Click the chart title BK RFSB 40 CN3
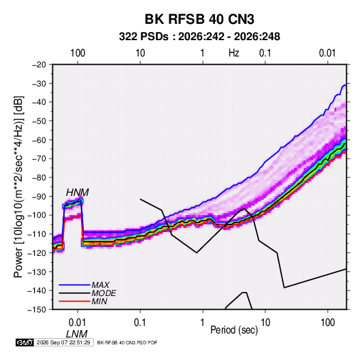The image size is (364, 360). click(x=199, y=19)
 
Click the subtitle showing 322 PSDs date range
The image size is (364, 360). click(x=199, y=37)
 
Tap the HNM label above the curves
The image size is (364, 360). click(x=78, y=193)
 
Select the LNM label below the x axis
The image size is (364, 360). click(x=77, y=334)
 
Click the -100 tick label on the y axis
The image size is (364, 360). click(x=37, y=215)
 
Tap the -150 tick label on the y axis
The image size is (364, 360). click(x=37, y=310)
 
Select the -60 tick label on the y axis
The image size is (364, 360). click(x=39, y=140)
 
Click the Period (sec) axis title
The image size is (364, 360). click(x=234, y=330)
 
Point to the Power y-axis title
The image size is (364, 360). click(x=18, y=186)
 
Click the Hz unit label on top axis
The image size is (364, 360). click(x=234, y=53)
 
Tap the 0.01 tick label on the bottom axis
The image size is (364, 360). click(x=78, y=323)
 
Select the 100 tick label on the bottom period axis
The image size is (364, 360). click(x=328, y=323)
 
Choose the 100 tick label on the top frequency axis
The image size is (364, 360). click(x=78, y=53)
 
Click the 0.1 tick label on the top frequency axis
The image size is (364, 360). click(x=265, y=53)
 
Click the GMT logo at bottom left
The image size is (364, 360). click(x=24, y=342)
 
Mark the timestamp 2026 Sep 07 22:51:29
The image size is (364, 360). click(x=63, y=342)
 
